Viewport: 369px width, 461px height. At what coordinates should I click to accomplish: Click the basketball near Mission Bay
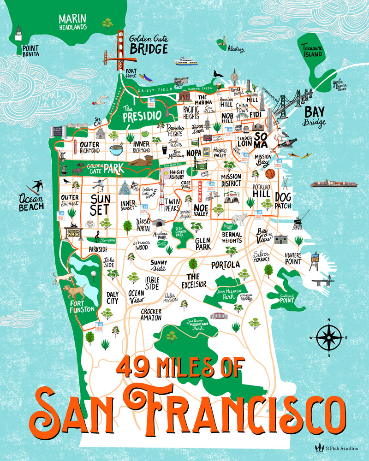[270, 174]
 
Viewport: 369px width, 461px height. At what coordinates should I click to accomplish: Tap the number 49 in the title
[132, 367]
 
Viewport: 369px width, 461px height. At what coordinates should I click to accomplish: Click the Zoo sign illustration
[73, 232]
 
